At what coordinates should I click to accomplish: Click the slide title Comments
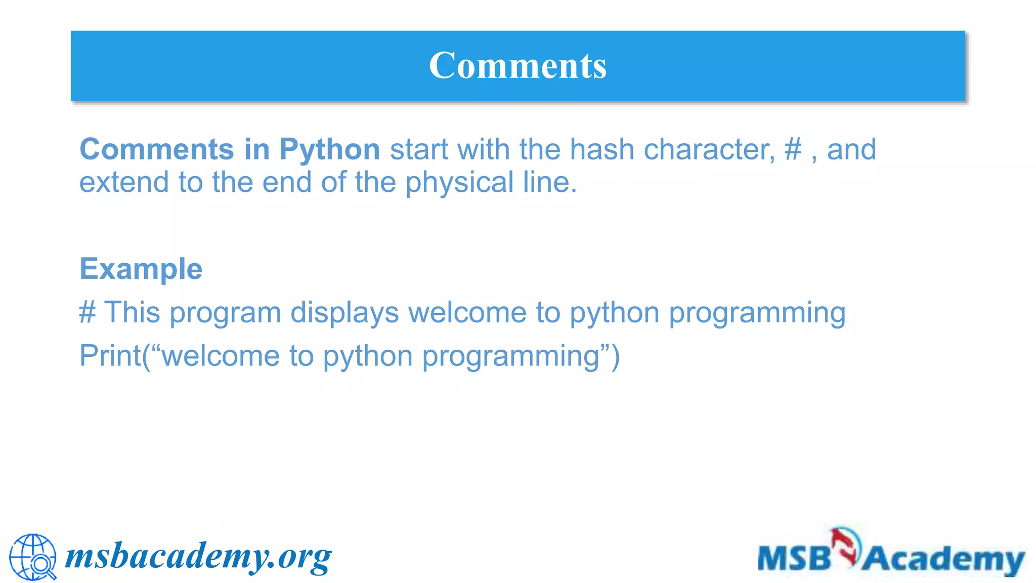pos(517,66)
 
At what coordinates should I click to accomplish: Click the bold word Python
pos(329,150)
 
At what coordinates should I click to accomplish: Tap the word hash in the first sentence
pos(602,150)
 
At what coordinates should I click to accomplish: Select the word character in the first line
pos(709,150)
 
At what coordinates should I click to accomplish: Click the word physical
pos(459,182)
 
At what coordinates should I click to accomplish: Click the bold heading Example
pos(141,269)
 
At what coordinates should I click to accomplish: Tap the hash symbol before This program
pos(87,312)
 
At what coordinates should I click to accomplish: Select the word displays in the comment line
pos(344,312)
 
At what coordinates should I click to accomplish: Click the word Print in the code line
pos(110,356)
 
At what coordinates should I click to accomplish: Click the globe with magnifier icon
pos(33,557)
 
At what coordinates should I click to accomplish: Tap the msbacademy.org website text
pos(198,557)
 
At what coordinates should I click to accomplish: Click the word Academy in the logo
pos(943,560)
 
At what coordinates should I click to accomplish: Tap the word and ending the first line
pos(851,150)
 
